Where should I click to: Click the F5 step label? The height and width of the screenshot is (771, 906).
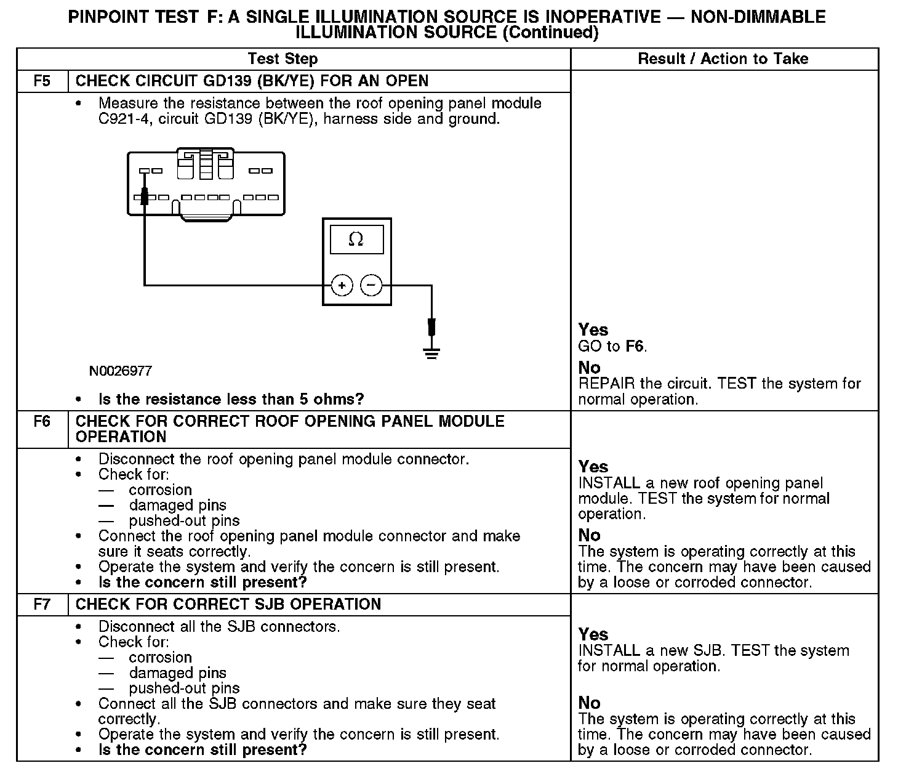click(x=42, y=81)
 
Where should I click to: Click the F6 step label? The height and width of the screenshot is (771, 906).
click(x=42, y=422)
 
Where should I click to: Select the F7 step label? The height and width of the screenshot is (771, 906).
click(x=42, y=604)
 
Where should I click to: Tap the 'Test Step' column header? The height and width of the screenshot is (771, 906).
click(x=283, y=59)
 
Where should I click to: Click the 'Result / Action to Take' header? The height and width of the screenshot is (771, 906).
click(x=723, y=59)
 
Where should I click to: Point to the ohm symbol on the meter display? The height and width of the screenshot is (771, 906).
click(x=356, y=240)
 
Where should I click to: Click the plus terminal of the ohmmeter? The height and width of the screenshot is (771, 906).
click(x=342, y=285)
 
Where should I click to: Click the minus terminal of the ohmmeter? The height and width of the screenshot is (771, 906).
click(x=371, y=285)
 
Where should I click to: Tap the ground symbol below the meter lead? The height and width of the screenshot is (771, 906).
click(x=431, y=353)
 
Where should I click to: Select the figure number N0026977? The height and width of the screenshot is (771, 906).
click(x=120, y=371)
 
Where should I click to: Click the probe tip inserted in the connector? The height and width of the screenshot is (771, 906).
click(x=145, y=197)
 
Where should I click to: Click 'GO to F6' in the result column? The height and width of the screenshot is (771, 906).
click(x=612, y=346)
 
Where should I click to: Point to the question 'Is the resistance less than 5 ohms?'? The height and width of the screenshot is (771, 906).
click(x=231, y=399)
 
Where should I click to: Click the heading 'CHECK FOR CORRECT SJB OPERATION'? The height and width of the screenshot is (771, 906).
click(x=228, y=604)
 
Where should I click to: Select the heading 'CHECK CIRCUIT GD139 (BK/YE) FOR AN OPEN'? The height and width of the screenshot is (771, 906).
click(x=252, y=81)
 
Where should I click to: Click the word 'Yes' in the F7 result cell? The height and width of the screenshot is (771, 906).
click(x=593, y=634)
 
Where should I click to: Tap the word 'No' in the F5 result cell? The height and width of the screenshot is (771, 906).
click(x=589, y=368)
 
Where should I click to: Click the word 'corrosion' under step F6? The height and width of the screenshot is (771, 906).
click(x=160, y=490)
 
